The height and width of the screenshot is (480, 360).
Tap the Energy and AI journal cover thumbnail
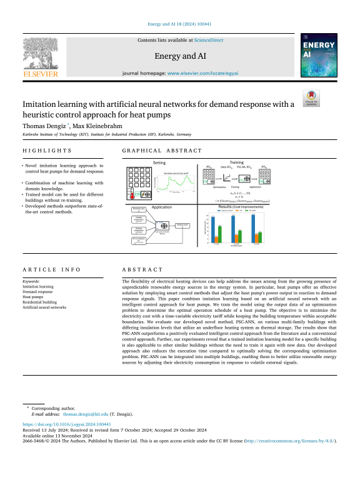(x=319, y=55)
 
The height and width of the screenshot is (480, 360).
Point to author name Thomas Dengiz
(x=41, y=126)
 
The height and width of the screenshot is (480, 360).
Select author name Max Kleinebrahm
(x=88, y=126)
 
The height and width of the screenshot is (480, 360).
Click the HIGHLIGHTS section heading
(x=47, y=151)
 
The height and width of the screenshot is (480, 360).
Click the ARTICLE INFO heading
(x=51, y=269)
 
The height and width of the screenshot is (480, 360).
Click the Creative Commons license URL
(x=289, y=441)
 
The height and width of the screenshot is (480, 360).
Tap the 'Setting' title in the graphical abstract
(x=159, y=162)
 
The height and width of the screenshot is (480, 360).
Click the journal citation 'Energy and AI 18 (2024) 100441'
(x=180, y=24)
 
